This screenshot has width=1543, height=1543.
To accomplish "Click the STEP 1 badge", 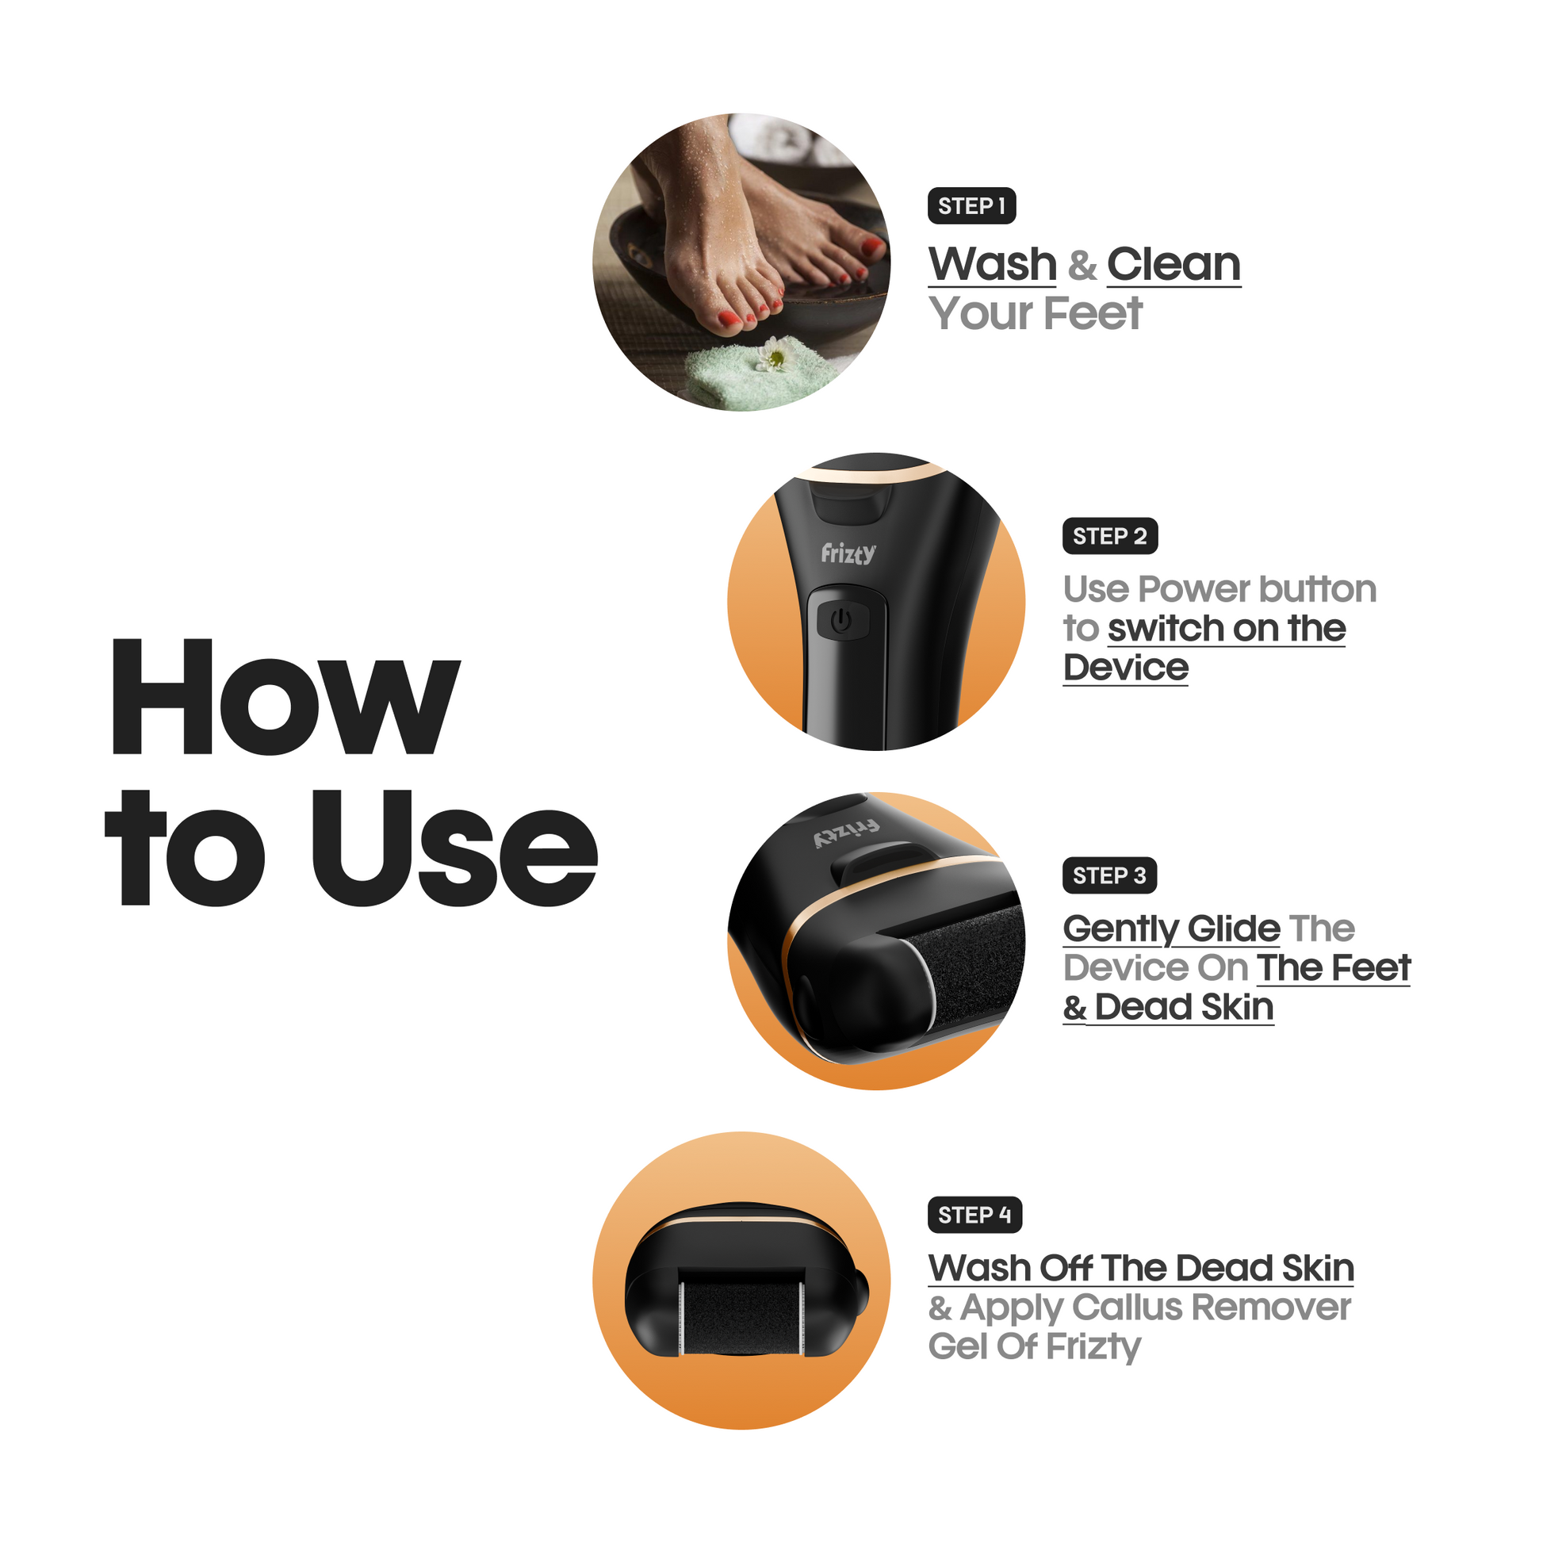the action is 971,206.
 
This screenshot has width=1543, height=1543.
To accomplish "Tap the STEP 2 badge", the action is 1109,536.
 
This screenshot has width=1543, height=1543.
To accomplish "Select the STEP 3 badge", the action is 1109,875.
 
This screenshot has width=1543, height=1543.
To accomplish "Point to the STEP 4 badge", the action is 974,1215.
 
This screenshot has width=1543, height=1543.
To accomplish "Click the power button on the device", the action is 842,621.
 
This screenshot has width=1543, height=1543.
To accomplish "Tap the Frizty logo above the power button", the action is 848,553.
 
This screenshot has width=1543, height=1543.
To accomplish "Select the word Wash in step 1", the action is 992,264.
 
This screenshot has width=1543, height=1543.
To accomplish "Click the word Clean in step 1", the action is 1174,264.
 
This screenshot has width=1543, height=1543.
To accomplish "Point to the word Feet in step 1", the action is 1093,313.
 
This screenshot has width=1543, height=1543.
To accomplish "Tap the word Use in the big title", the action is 454,848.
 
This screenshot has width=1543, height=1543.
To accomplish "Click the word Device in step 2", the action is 1125,668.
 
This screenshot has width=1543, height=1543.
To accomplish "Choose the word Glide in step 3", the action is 1233,928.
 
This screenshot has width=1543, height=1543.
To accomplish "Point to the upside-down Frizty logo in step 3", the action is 846,835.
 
